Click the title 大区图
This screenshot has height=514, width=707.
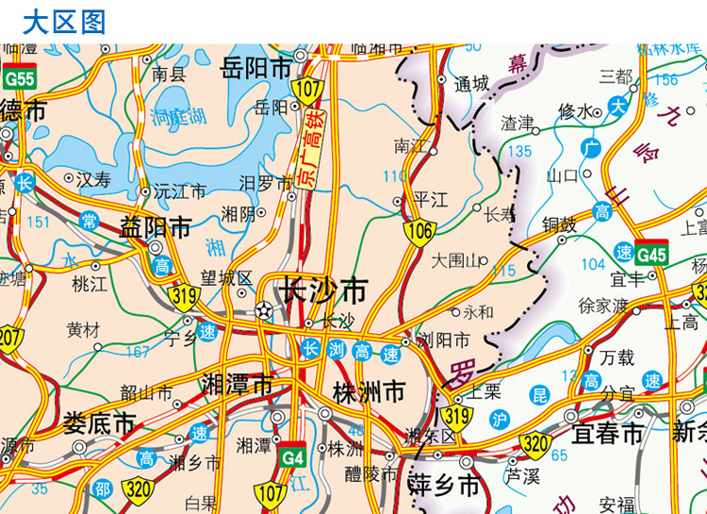tap(64, 21)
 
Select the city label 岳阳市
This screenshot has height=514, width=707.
tap(256, 69)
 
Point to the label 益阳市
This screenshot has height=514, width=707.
tap(156, 227)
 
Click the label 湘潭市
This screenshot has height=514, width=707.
tap(238, 385)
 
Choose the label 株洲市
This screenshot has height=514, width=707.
tap(369, 390)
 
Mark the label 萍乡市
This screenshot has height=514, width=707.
tap(444, 487)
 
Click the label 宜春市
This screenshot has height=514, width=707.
tap(607, 434)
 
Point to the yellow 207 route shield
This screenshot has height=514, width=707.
tap(10, 338)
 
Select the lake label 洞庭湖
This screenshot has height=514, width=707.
tap(177, 117)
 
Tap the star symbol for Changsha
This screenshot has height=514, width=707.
tap(264, 310)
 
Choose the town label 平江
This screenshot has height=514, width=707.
tap(431, 200)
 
